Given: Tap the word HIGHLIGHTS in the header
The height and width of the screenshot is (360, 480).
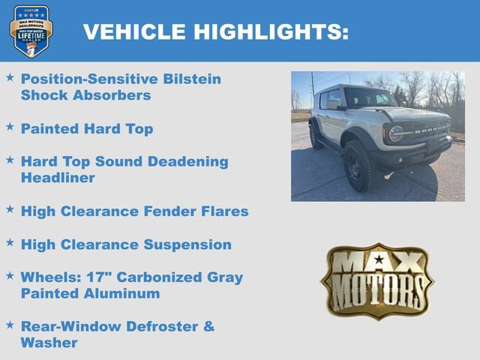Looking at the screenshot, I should click(x=271, y=31).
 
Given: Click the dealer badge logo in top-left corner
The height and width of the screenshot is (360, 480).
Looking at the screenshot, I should click(x=31, y=31).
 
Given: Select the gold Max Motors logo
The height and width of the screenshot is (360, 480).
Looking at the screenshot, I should click(x=377, y=280).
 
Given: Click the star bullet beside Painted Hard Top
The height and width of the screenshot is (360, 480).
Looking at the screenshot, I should click(x=10, y=127).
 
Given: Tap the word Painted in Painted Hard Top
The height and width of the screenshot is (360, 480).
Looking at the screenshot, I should click(x=49, y=129).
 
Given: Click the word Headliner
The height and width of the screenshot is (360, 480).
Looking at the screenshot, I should click(x=58, y=178).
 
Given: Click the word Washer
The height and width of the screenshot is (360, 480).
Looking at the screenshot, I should click(x=49, y=343).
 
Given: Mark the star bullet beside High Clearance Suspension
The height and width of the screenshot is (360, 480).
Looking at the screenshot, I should click(x=10, y=243).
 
